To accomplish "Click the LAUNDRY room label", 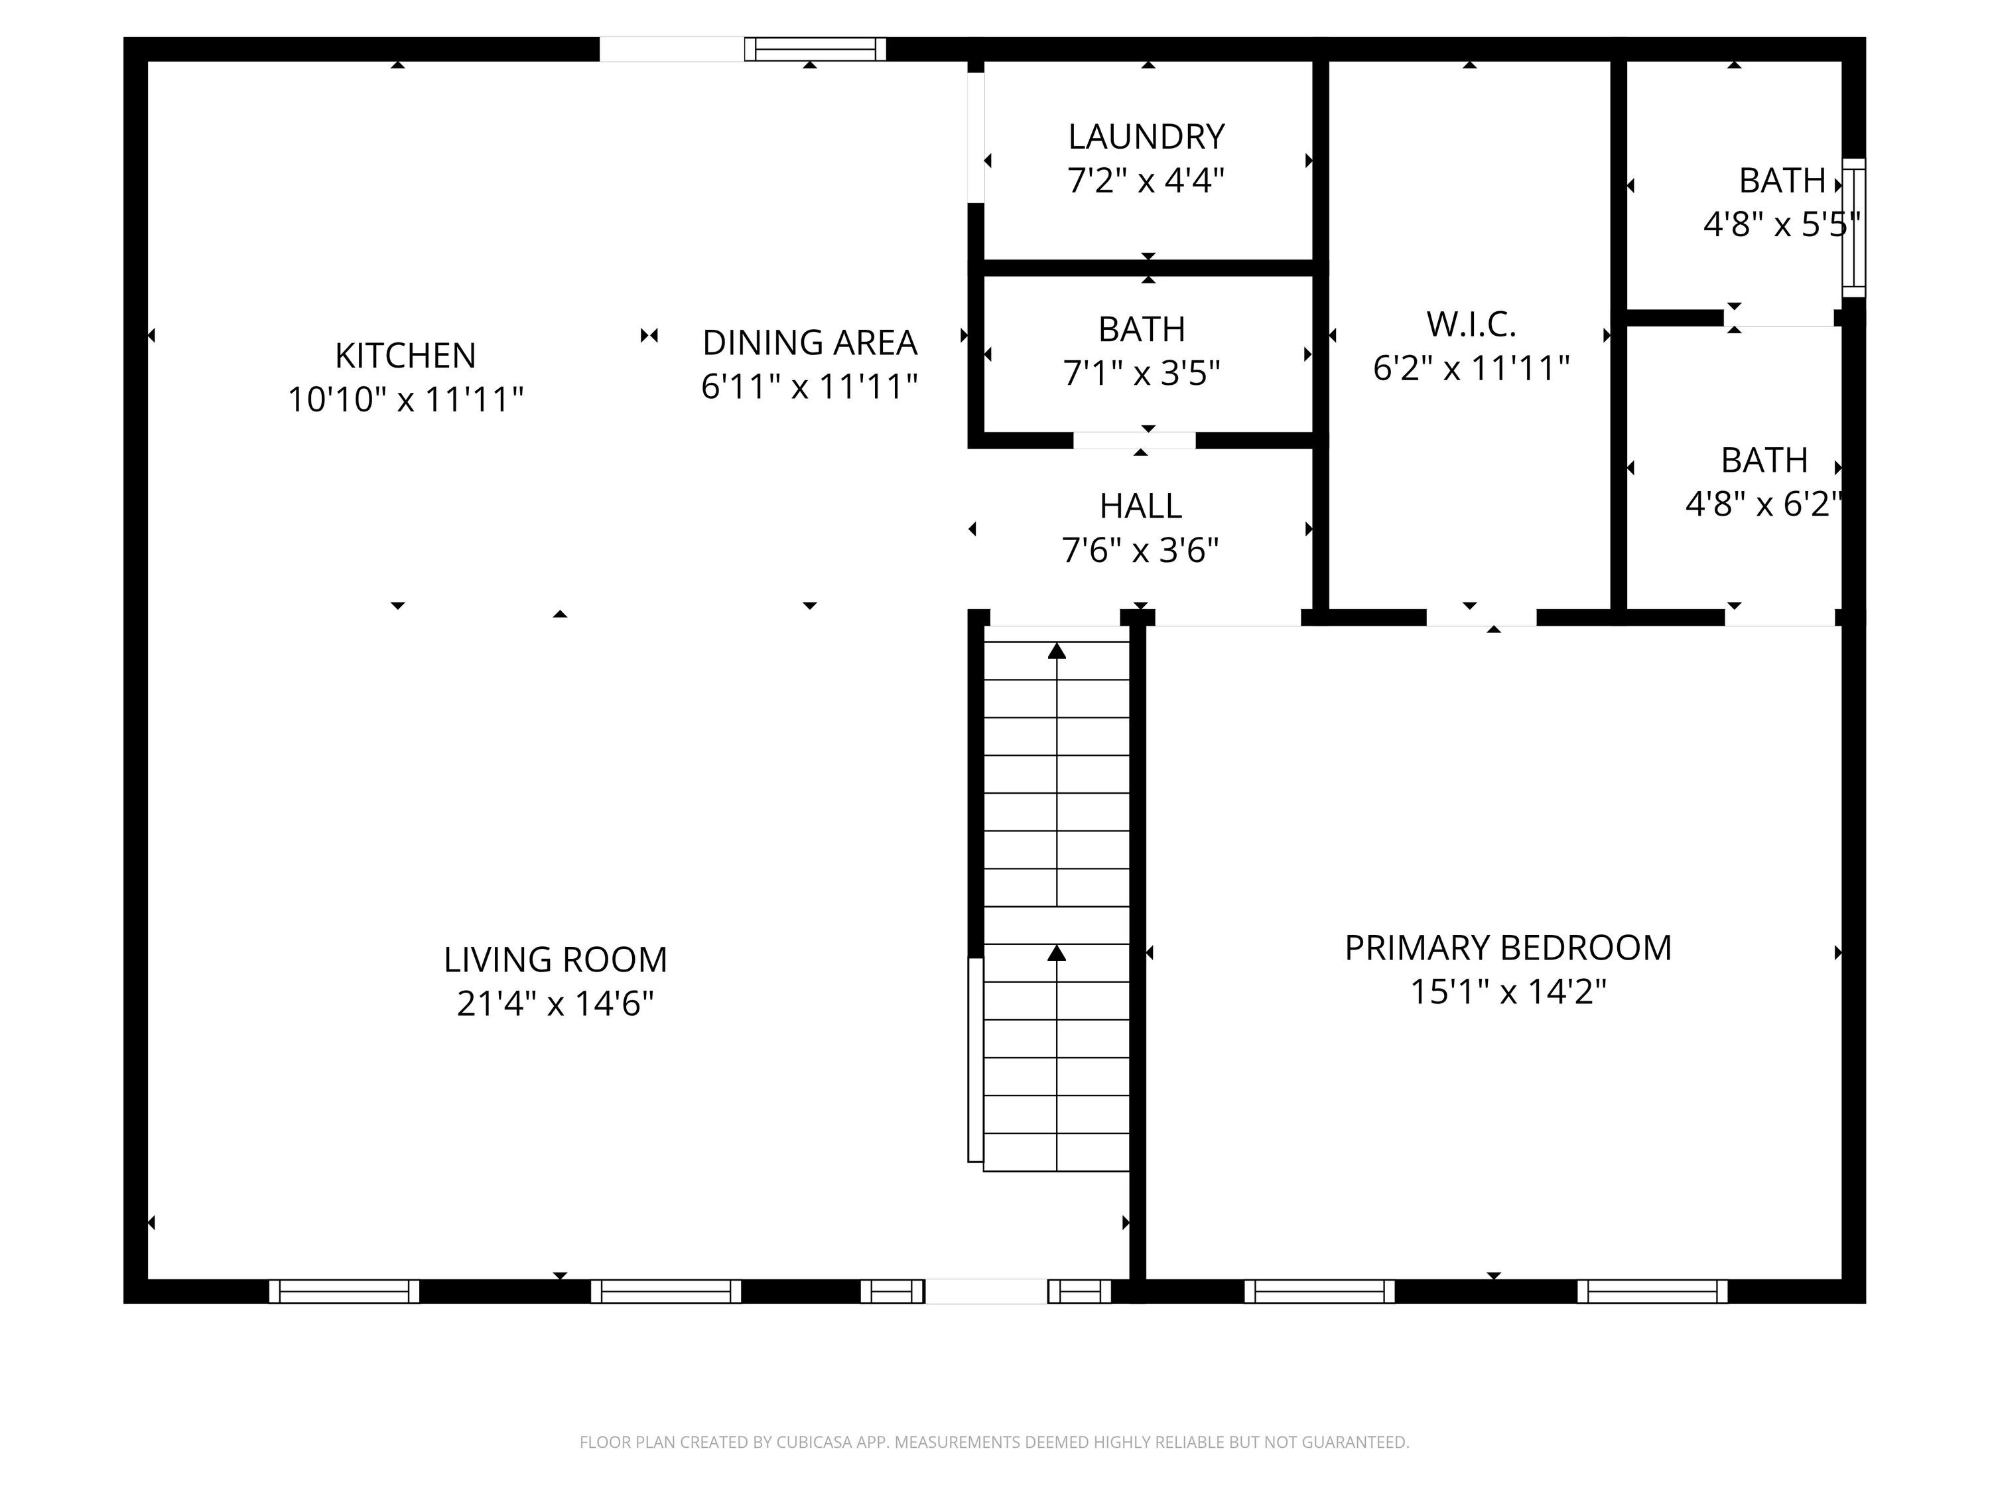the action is [x=1146, y=137].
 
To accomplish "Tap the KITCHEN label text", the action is [x=405, y=356].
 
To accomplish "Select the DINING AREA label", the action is [x=810, y=343].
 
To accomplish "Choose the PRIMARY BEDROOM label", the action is [x=1508, y=948].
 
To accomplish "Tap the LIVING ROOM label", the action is [x=555, y=960].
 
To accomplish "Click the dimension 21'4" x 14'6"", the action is [x=555, y=1003].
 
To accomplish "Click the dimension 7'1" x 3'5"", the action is [x=1142, y=372].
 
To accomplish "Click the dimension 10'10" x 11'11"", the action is [x=405, y=399].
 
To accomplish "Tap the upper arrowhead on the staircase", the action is [x=1057, y=651].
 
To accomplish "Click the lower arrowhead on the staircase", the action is [x=1057, y=952].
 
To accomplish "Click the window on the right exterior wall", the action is [x=1853, y=228].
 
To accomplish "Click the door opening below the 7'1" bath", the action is [x=1134, y=440].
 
